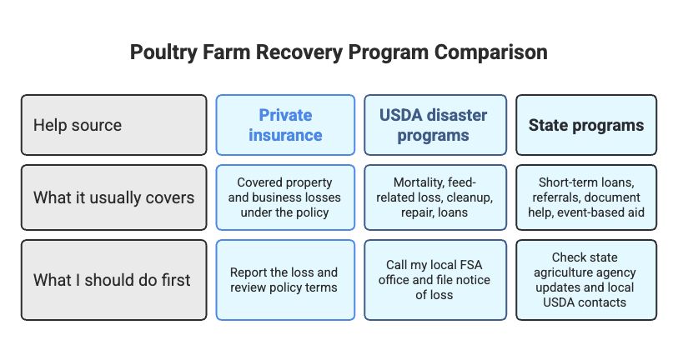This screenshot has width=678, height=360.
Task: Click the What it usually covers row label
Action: pyautogui.click(x=113, y=197)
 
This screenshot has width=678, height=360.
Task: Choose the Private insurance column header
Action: pyautogui.click(x=285, y=125)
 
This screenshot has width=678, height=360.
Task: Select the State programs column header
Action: pyautogui.click(x=586, y=125)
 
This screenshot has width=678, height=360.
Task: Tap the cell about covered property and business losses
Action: pyautogui.click(x=285, y=197)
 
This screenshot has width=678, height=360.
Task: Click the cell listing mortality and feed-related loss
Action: pyautogui.click(x=435, y=197)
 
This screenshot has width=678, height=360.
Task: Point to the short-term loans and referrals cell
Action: pyautogui.click(x=586, y=197)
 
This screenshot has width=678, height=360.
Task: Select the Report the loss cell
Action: pyautogui.click(x=285, y=280)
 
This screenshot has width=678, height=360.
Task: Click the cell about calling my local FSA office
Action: pyautogui.click(x=435, y=280)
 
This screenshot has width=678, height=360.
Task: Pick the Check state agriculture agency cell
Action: pyautogui.click(x=586, y=280)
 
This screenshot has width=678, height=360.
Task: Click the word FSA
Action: pyautogui.click(x=470, y=264)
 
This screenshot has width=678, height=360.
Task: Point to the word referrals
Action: pyautogui.click(x=556, y=197)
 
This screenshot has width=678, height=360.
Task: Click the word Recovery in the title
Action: pyautogui.click(x=300, y=52)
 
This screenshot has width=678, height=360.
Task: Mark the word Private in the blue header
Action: pyautogui.click(x=285, y=115)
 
